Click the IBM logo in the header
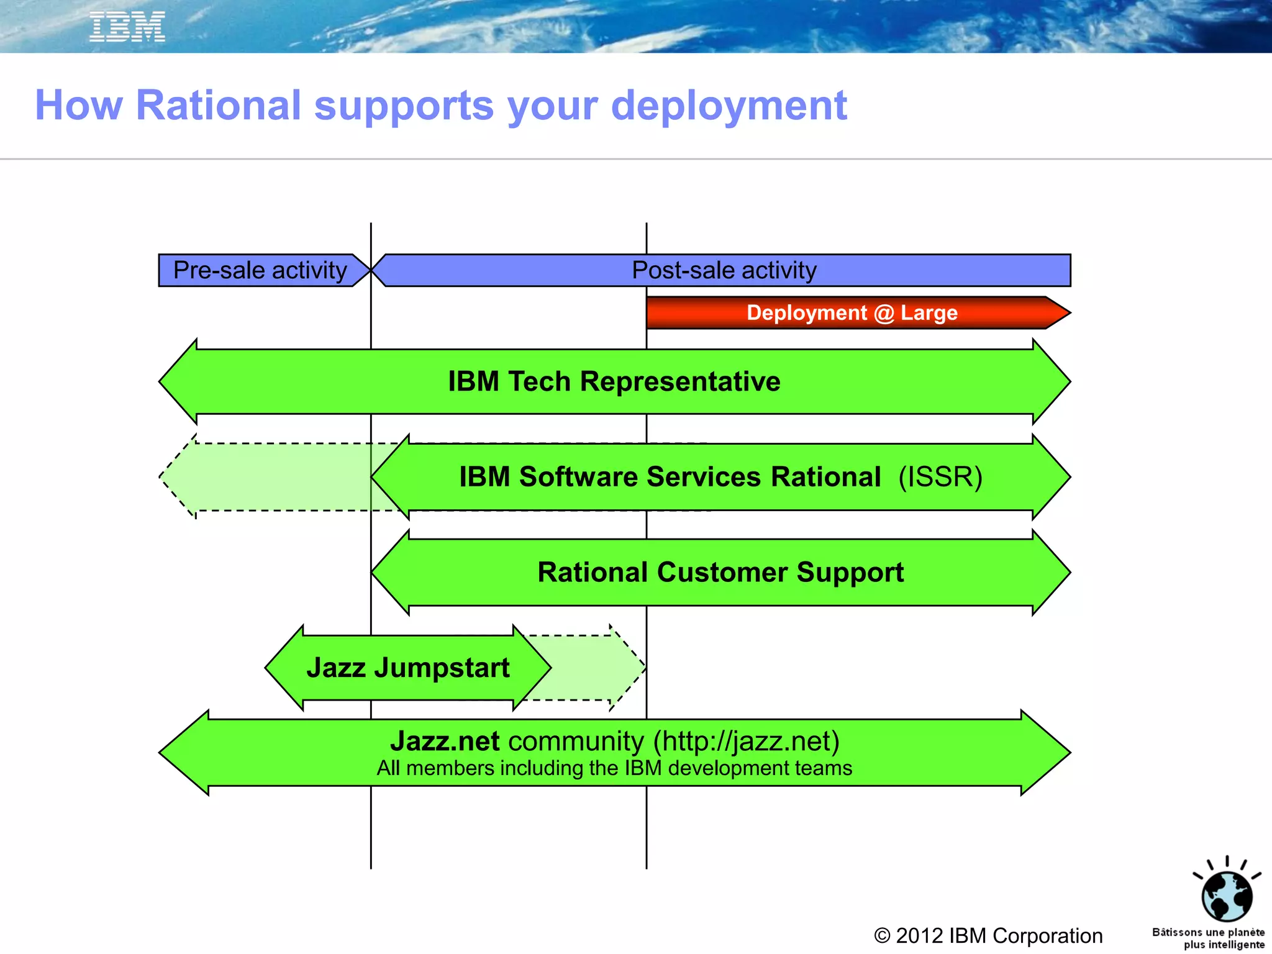click(127, 27)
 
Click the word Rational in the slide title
click(218, 105)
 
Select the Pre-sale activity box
click(260, 270)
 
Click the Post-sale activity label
click(724, 270)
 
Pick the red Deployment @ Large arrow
click(852, 312)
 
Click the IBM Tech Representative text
click(614, 381)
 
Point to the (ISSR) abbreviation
click(940, 477)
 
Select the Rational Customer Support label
click(720, 572)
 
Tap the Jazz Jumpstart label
click(407, 668)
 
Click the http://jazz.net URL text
click(746, 741)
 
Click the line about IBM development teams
click(614, 768)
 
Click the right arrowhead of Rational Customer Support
click(1051, 572)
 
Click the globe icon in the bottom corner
click(1226, 896)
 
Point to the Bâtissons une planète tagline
click(1208, 938)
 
